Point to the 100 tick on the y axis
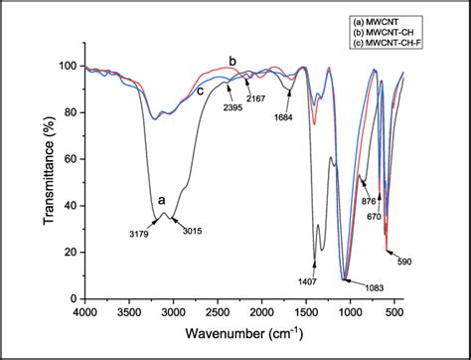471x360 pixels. click(x=69, y=66)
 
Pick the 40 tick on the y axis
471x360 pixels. click(x=71, y=205)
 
